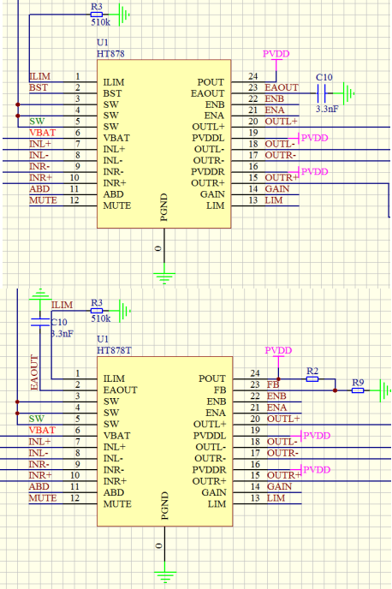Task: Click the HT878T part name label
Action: (114, 350)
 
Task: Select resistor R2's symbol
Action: (312, 379)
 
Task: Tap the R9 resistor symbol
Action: (358, 390)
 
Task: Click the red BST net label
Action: (39, 87)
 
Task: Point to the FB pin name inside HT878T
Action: (220, 390)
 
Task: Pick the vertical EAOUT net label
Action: (34, 372)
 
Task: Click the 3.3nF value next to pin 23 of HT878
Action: (327, 109)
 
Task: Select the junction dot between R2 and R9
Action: (335, 390)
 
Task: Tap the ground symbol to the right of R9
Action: (384, 390)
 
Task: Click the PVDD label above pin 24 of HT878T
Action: (278, 350)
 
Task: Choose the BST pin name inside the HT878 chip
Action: (112, 93)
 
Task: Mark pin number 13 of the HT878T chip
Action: (255, 498)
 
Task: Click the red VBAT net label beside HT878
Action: (43, 133)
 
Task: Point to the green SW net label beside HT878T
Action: (37, 419)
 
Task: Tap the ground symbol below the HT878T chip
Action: (165, 574)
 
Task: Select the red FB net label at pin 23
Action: (273, 384)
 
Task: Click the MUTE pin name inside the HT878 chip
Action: (117, 205)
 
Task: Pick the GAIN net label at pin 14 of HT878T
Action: (279, 487)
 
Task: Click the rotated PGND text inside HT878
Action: (163, 207)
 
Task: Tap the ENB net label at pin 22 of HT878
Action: (275, 98)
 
